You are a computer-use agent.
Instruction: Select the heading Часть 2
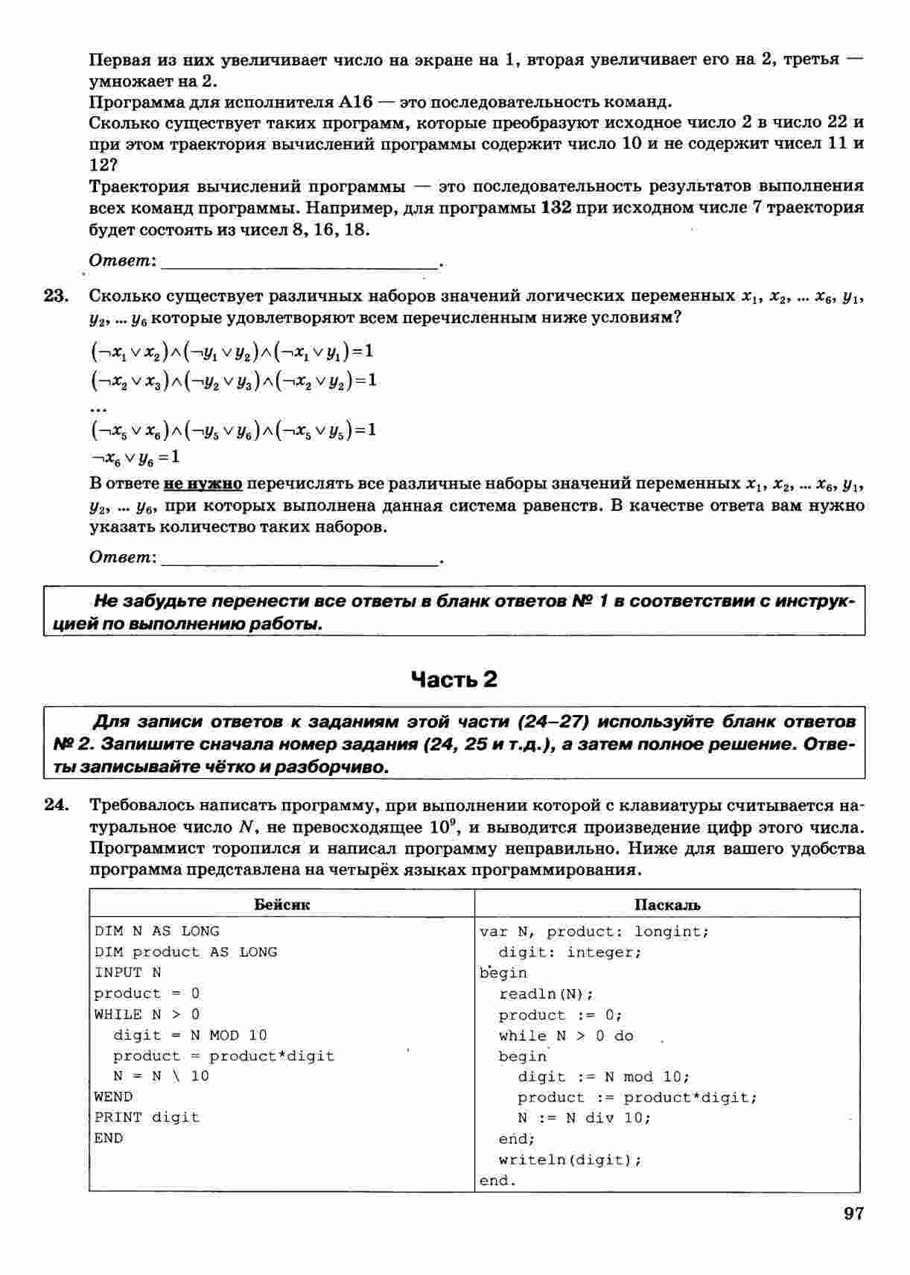click(454, 679)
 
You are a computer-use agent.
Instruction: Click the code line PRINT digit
click(147, 1117)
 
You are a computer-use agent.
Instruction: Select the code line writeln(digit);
click(570, 1160)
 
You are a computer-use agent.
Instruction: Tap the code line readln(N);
click(546, 994)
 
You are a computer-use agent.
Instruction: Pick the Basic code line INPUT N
click(127, 973)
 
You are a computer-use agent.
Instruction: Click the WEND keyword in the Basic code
click(113, 1096)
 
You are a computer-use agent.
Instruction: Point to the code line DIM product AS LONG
click(185, 952)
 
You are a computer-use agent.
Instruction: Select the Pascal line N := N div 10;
click(584, 1118)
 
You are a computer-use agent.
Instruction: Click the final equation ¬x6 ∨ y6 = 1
click(135, 457)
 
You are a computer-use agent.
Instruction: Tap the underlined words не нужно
click(203, 484)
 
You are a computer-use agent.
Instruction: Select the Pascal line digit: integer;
click(570, 953)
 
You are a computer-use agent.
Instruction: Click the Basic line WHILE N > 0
click(147, 1014)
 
